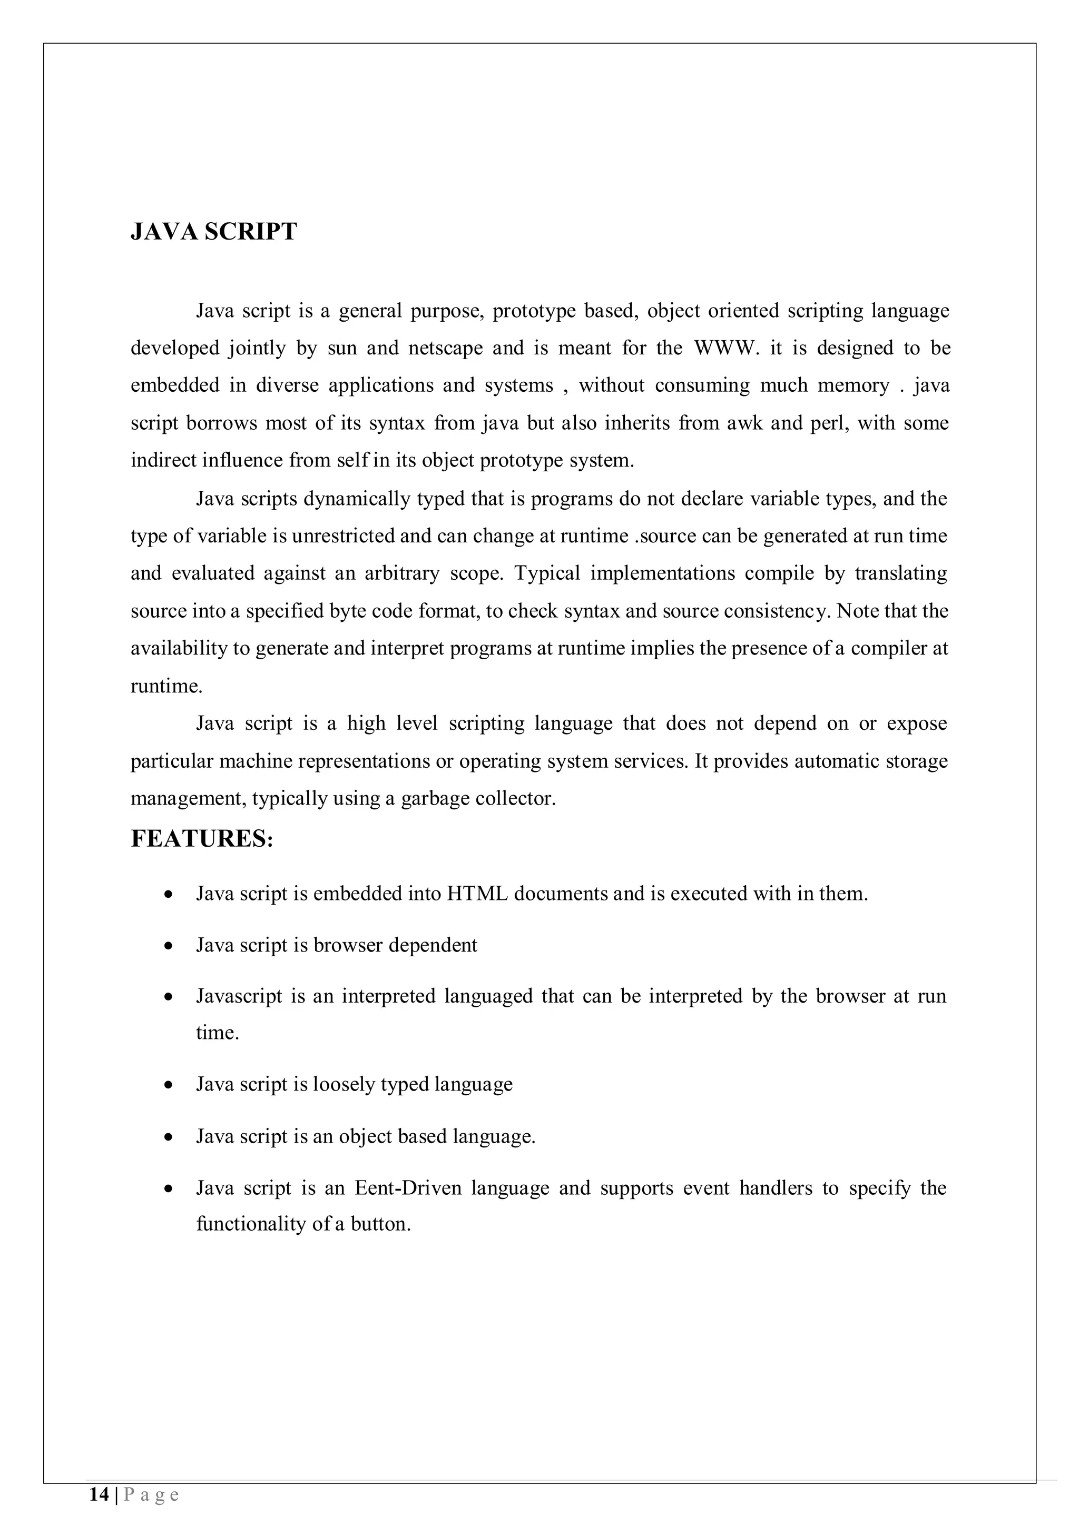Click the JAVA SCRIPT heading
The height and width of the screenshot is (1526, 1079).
213,232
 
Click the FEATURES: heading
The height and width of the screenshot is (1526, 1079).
202,839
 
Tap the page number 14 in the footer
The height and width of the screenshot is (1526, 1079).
99,1495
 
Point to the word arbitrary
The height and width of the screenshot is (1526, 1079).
401,573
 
